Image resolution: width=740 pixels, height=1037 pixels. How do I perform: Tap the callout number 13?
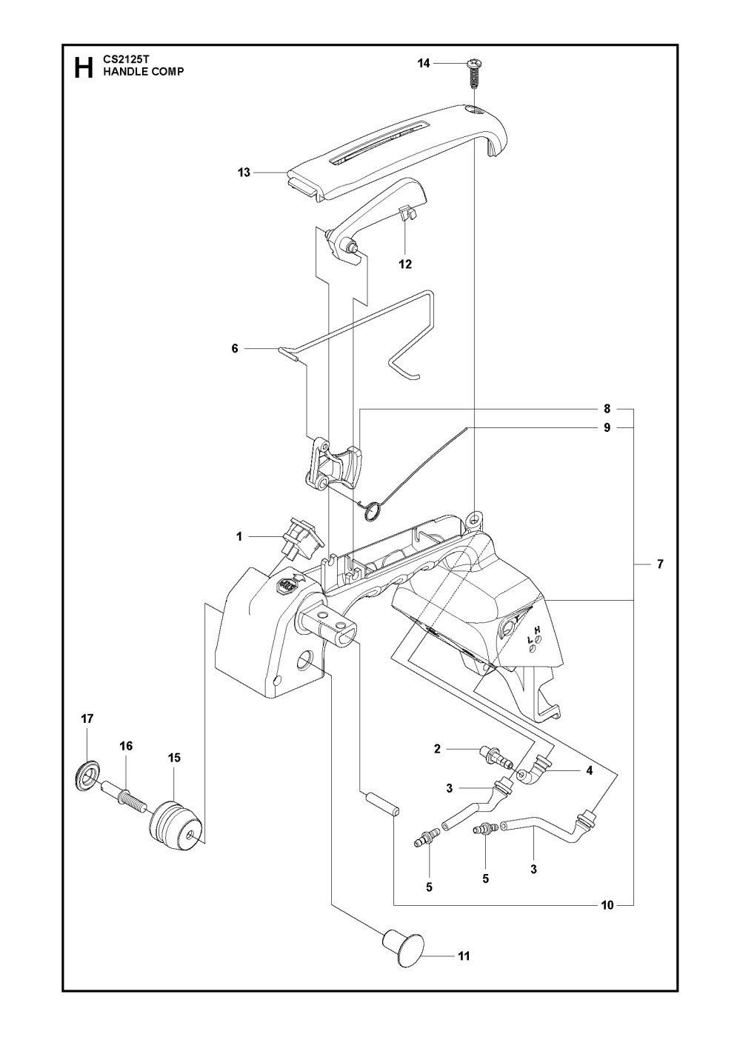tap(244, 173)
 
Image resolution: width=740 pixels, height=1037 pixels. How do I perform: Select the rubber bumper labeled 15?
tap(175, 823)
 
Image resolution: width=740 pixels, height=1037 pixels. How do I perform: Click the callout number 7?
tap(659, 565)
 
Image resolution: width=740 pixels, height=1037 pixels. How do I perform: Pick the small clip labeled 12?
tap(406, 214)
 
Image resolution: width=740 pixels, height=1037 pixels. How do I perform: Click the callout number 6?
tap(236, 347)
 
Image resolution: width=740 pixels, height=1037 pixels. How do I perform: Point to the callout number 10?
tap(607, 904)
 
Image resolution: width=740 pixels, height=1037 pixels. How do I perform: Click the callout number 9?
tap(607, 427)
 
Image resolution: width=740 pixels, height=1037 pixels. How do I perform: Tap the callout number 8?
tap(607, 408)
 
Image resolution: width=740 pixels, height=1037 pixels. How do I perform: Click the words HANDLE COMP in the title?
tap(144, 73)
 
